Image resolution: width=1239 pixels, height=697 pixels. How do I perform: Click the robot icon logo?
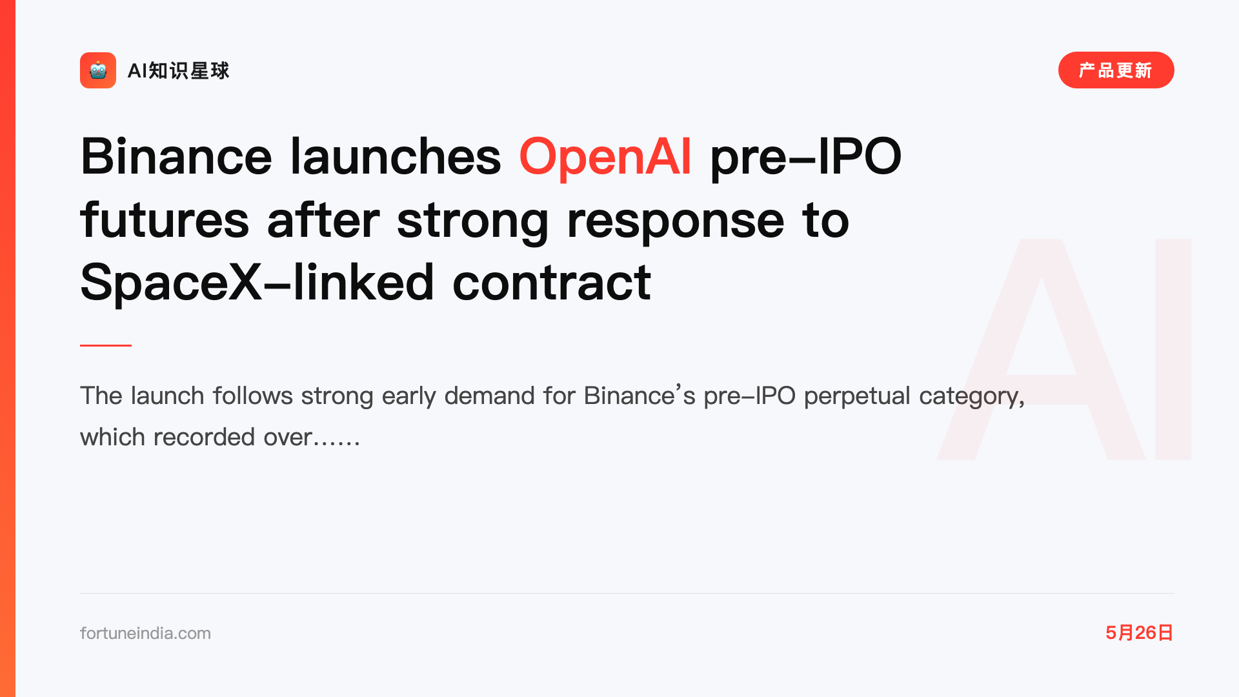pyautogui.click(x=98, y=70)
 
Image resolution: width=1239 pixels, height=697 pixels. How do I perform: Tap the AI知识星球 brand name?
pyautogui.click(x=179, y=70)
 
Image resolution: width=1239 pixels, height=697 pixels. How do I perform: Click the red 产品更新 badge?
pyautogui.click(x=1116, y=70)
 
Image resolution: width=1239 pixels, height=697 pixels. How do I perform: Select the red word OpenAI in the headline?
pyautogui.click(x=605, y=156)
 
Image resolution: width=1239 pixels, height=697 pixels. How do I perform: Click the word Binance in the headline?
pyautogui.click(x=176, y=156)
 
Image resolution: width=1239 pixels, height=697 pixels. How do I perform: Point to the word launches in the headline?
pyautogui.click(x=396, y=156)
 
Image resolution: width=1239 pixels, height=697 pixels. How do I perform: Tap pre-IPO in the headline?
pyautogui.click(x=805, y=156)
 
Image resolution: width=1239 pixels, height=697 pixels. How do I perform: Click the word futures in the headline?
pyautogui.click(x=165, y=219)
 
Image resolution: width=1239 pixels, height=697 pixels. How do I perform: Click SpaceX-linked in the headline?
pyautogui.click(x=257, y=282)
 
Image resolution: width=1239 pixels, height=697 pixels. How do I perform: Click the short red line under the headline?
pyautogui.click(x=106, y=345)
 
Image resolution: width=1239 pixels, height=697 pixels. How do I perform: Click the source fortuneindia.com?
pyautogui.click(x=145, y=633)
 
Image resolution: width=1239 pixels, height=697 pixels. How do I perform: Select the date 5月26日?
pyautogui.click(x=1139, y=632)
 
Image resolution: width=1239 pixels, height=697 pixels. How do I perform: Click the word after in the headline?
pyautogui.click(x=323, y=219)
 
